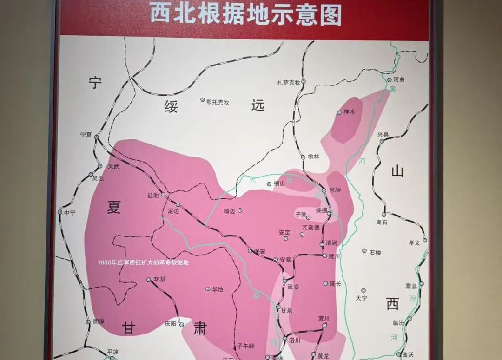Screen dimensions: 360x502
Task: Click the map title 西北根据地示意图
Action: (245, 14)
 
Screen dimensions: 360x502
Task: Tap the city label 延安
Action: (293, 287)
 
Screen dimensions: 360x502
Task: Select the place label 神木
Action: (349, 112)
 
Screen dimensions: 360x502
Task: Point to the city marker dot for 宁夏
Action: (96, 137)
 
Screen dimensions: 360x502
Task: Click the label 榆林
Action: (314, 157)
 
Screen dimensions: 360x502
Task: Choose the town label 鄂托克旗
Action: (218, 101)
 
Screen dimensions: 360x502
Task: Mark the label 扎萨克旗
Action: (289, 82)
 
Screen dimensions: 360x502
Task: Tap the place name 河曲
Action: (399, 79)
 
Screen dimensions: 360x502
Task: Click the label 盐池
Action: (153, 196)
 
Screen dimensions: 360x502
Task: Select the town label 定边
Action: (173, 211)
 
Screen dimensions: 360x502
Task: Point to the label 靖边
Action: (230, 211)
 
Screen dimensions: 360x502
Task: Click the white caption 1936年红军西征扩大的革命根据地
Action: (143, 262)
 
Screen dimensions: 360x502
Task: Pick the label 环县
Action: (159, 280)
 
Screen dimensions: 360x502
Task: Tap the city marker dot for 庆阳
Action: (182, 324)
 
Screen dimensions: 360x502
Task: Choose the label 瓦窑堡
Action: (311, 227)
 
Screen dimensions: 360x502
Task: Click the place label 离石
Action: (382, 222)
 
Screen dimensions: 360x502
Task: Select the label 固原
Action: (99, 321)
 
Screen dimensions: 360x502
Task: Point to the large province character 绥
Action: (171, 107)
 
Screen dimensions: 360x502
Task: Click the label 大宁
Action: (361, 298)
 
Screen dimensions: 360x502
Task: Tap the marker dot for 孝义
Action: (424, 240)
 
